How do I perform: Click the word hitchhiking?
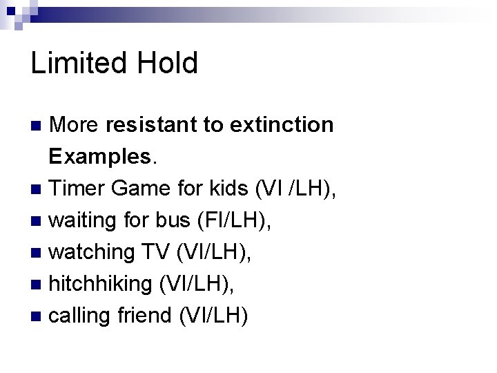click(101, 284)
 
